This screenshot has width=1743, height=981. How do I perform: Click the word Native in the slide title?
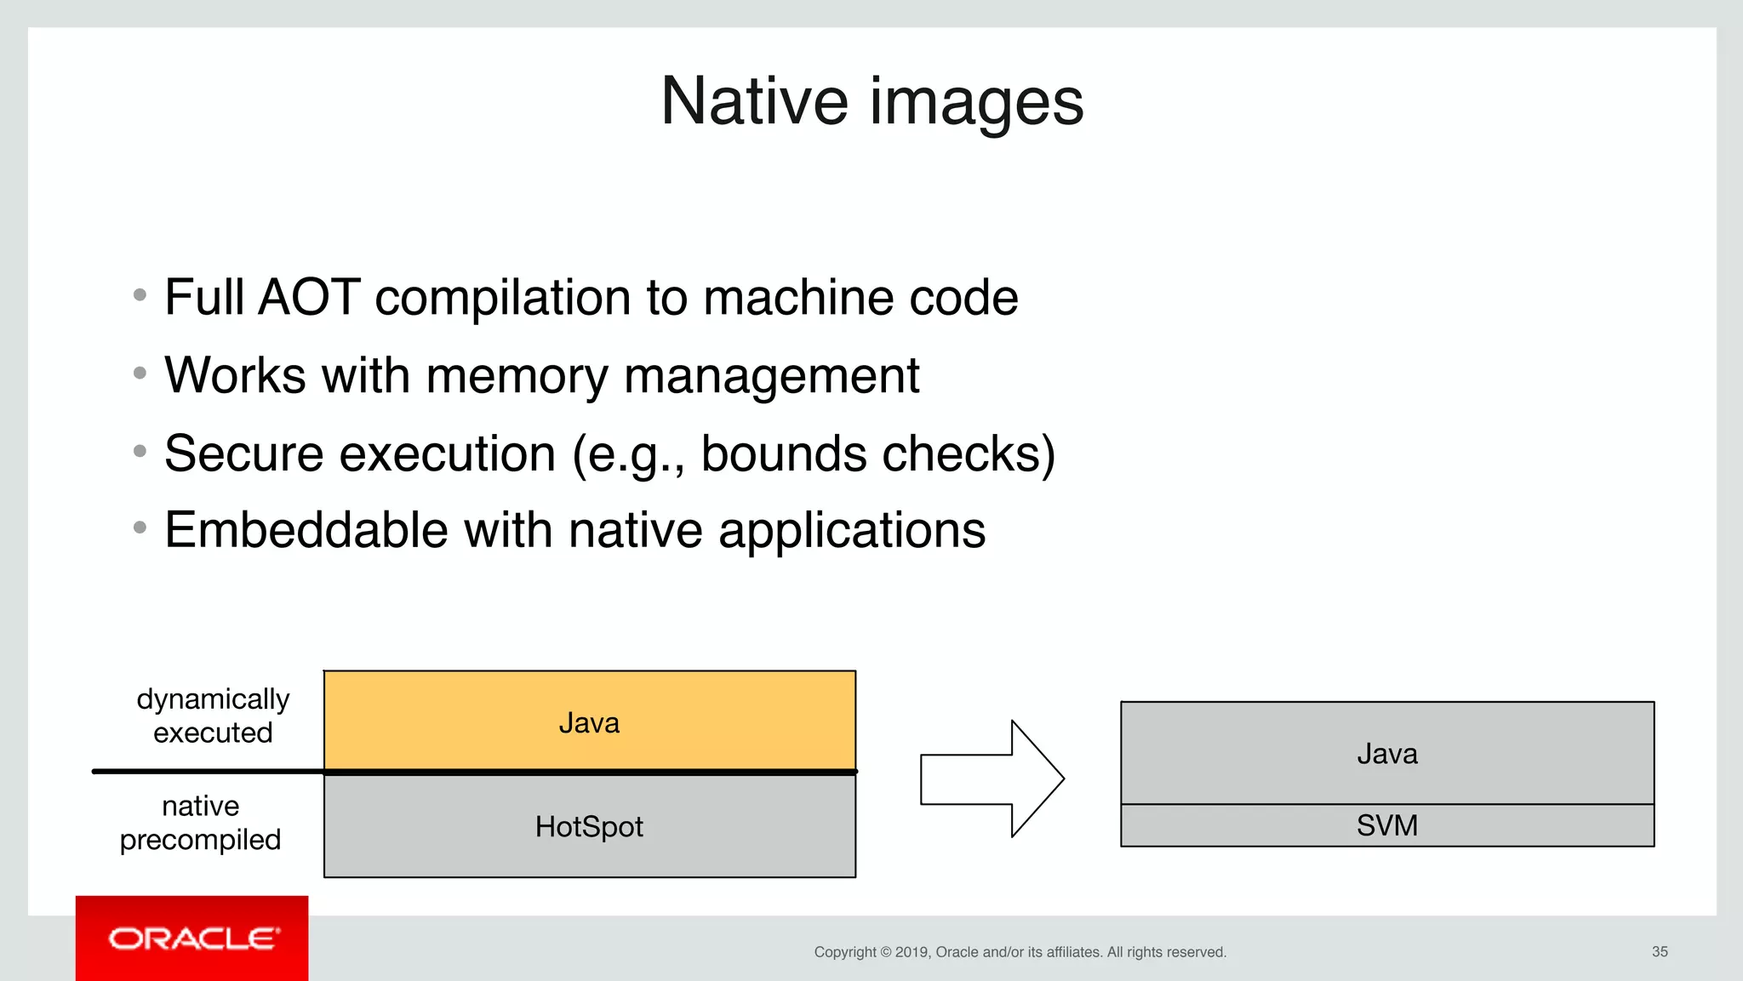[754, 101]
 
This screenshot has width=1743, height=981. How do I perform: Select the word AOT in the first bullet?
[308, 297]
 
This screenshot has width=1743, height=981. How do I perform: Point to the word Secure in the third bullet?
[243, 453]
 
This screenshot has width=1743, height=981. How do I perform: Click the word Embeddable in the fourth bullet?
[306, 530]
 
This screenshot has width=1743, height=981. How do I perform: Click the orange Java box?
[589, 721]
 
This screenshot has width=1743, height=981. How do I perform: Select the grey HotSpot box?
[589, 826]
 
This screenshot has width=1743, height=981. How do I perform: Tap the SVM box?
[1386, 825]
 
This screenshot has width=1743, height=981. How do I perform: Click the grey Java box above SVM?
[1386, 753]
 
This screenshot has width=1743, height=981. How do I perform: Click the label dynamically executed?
[213, 716]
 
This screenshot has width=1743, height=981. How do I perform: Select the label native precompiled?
[201, 822]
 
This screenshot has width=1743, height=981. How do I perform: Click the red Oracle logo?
[192, 938]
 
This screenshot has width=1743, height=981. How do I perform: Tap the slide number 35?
[1660, 951]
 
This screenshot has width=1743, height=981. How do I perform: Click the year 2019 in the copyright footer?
[912, 952]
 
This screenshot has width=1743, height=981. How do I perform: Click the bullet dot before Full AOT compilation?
[140, 295]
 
